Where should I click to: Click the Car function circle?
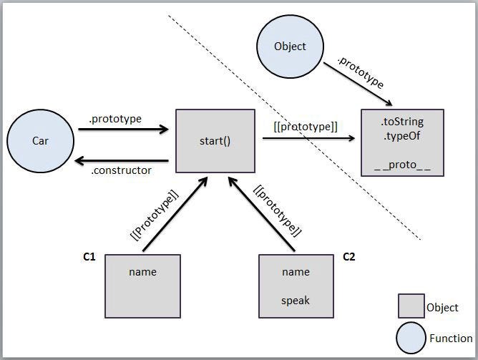pyautogui.click(x=40, y=141)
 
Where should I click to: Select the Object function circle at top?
pyautogui.click(x=290, y=47)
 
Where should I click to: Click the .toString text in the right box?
pyautogui.click(x=402, y=122)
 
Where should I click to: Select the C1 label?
pyautogui.click(x=90, y=256)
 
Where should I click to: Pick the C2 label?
pyautogui.click(x=350, y=256)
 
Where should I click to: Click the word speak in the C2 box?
pyautogui.click(x=296, y=301)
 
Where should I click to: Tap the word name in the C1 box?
pyautogui.click(x=143, y=272)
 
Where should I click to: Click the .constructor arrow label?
pyautogui.click(x=121, y=170)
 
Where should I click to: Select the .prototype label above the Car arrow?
pyautogui.click(x=115, y=118)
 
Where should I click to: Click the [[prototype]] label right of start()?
pyautogui.click(x=306, y=127)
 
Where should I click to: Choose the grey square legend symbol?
pyautogui.click(x=411, y=306)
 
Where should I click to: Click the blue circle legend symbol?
pyautogui.click(x=411, y=338)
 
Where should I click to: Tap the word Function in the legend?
pyautogui.click(x=451, y=339)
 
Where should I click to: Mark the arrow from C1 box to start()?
pyautogui.click(x=175, y=215)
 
